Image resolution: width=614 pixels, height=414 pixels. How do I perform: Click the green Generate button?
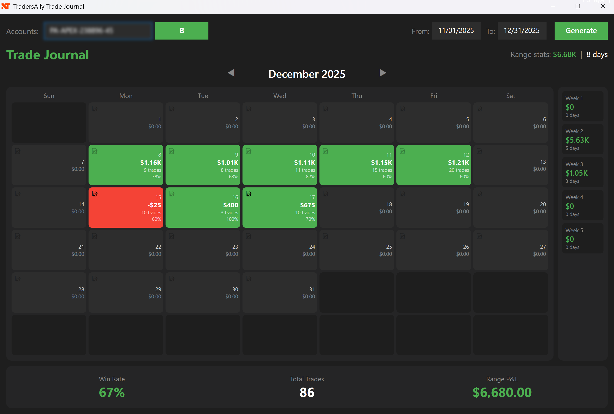[x=581, y=31]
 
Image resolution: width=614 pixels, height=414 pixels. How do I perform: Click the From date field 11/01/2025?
[x=456, y=31]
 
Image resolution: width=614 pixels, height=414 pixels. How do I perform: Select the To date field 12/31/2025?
[x=522, y=31]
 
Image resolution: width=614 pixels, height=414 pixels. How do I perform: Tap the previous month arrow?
[x=231, y=73]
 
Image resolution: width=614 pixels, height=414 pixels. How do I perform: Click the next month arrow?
[x=383, y=73]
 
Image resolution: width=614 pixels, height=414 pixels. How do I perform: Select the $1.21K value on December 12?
[x=458, y=163]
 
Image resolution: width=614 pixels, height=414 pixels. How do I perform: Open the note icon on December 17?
[x=248, y=194]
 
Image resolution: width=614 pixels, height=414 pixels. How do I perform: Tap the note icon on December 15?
[x=95, y=194]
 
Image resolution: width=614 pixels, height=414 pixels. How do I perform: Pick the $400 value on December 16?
[x=231, y=205]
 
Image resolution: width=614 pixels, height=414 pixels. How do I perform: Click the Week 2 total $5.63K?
[x=577, y=140]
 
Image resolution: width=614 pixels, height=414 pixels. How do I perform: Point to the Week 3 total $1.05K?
[x=576, y=173]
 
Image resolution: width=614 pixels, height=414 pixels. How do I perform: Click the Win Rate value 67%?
[x=112, y=392]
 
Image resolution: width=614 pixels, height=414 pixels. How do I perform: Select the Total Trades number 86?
[x=307, y=392]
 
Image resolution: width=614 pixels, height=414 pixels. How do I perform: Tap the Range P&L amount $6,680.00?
[x=502, y=392]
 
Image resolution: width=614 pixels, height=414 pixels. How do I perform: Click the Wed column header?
[x=280, y=96]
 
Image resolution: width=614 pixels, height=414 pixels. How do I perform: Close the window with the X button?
[x=603, y=6]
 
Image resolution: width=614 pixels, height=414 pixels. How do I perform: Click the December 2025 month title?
[x=307, y=74]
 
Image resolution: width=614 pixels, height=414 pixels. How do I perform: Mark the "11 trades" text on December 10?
[x=305, y=170]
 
